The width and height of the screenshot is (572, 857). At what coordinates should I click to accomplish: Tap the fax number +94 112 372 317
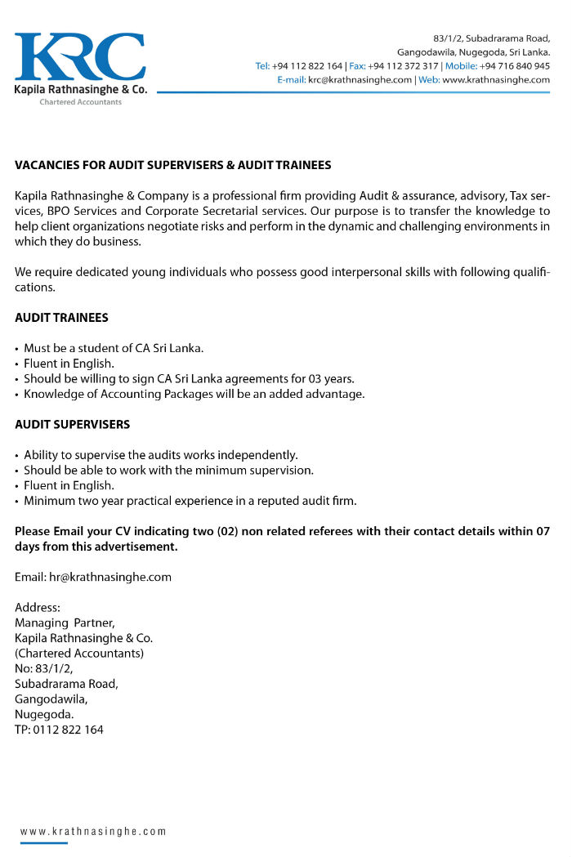(404, 66)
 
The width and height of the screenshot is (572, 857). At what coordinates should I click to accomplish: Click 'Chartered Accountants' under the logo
(80, 102)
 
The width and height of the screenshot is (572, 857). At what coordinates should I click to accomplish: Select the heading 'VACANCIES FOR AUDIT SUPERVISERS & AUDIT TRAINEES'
(173, 165)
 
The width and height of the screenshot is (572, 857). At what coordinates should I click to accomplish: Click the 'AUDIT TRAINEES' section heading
(61, 318)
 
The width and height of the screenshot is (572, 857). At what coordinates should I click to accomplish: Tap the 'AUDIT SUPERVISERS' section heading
(72, 425)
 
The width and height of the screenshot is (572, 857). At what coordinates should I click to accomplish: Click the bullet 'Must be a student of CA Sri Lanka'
(114, 348)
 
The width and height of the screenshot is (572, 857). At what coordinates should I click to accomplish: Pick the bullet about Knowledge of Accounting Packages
(194, 394)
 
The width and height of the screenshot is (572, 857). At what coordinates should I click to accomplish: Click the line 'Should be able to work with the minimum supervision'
(168, 470)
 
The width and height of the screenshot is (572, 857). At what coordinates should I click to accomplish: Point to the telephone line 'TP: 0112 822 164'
(59, 730)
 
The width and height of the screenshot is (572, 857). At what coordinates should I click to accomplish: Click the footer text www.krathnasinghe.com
(93, 832)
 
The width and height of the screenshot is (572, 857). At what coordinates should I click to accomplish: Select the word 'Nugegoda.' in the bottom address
(44, 714)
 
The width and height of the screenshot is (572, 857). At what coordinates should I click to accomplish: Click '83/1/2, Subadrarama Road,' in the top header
(491, 38)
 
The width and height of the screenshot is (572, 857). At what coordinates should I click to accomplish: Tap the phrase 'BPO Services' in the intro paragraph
(78, 211)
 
